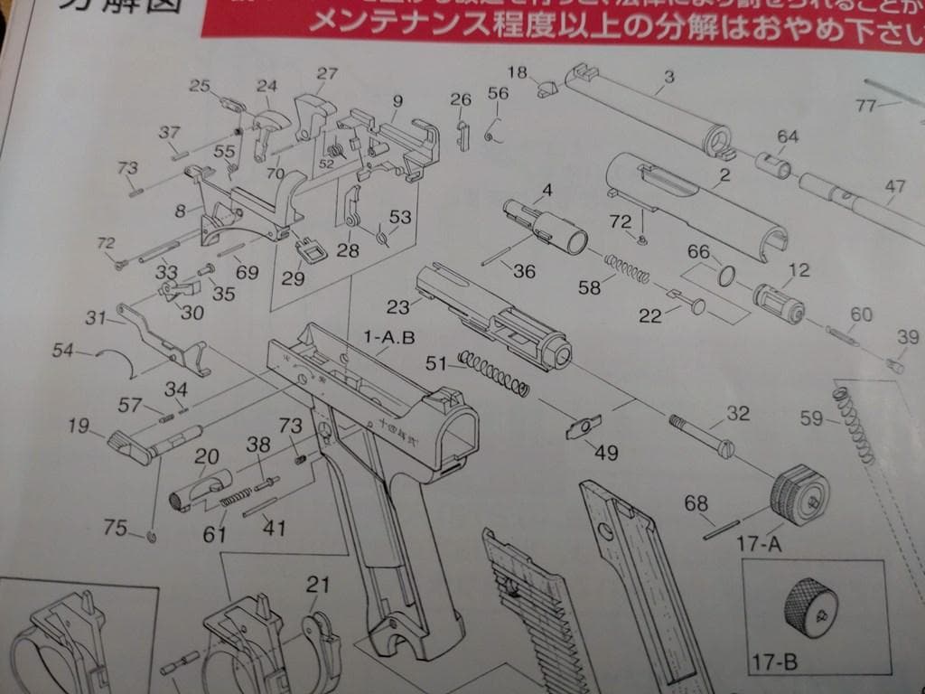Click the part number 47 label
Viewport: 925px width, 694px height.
point(894,187)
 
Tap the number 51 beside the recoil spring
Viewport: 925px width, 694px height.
point(436,362)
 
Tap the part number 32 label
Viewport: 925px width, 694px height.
point(738,415)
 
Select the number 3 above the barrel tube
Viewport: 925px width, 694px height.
point(668,77)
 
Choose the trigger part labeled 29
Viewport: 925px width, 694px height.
point(312,249)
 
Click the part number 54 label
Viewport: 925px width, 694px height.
point(62,350)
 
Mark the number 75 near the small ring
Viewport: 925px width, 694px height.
point(115,529)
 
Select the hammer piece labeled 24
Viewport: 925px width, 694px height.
point(270,123)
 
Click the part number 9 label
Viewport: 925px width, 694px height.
point(397,101)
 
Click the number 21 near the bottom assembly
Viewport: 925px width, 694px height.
point(317,585)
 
